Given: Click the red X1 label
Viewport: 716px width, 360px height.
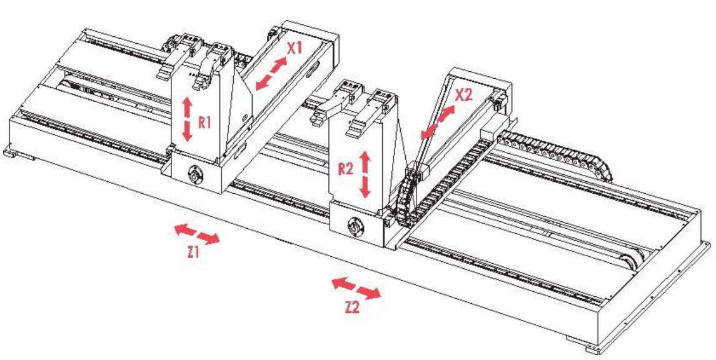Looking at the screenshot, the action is coord(295,48).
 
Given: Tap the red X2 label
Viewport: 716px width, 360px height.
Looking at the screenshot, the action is coord(464,94).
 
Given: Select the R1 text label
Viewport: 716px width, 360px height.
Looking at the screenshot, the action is coord(204,122).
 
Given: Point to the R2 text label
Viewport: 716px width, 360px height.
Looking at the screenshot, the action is coord(346,169).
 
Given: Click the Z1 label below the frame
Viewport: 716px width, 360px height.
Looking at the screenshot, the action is coord(194,252).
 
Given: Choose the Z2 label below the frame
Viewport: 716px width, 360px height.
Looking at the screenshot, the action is coord(352,307).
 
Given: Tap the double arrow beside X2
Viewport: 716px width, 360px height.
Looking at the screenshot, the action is coord(438,121).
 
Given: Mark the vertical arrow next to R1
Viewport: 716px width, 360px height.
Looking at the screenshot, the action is coord(187,119).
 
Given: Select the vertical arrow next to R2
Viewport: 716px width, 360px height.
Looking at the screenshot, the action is coord(365,175).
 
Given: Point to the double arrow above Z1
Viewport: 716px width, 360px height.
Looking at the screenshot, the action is coord(197,234).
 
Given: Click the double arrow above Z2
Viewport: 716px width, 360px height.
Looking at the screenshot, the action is coord(356,288).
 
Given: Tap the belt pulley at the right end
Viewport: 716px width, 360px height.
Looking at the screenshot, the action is coord(631,262).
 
